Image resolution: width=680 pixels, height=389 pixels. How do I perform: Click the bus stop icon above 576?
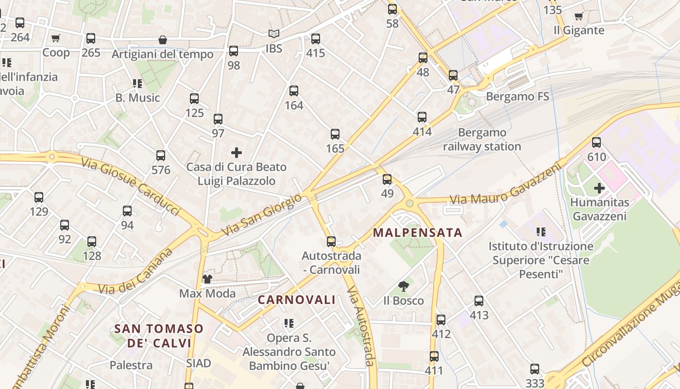161,156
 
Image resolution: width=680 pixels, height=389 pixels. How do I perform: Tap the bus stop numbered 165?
335,134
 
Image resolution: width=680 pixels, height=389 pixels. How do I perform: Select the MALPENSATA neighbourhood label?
418,232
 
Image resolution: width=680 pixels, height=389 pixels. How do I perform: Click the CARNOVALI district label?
296,300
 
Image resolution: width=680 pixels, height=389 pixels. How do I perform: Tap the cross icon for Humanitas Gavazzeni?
599,188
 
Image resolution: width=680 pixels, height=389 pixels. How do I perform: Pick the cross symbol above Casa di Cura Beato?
237,153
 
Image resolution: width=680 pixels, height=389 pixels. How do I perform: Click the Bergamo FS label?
517,96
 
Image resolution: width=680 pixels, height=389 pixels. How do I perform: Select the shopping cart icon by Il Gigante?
578,17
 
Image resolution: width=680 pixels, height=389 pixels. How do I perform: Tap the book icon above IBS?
274,34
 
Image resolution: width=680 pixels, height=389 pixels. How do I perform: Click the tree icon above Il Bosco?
403,286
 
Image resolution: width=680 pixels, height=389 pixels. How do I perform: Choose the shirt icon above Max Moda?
207,279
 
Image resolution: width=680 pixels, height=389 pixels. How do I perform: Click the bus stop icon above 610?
596,142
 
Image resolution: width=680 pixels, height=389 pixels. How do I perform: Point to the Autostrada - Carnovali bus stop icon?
331,241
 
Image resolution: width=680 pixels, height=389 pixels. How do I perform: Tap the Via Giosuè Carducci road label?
131,186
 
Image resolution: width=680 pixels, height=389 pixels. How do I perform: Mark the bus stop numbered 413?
479,301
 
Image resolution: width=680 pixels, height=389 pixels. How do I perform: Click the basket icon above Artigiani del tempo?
163,40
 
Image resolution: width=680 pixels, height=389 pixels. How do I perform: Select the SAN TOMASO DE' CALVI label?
159,336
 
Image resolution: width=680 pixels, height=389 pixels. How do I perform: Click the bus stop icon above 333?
535,369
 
